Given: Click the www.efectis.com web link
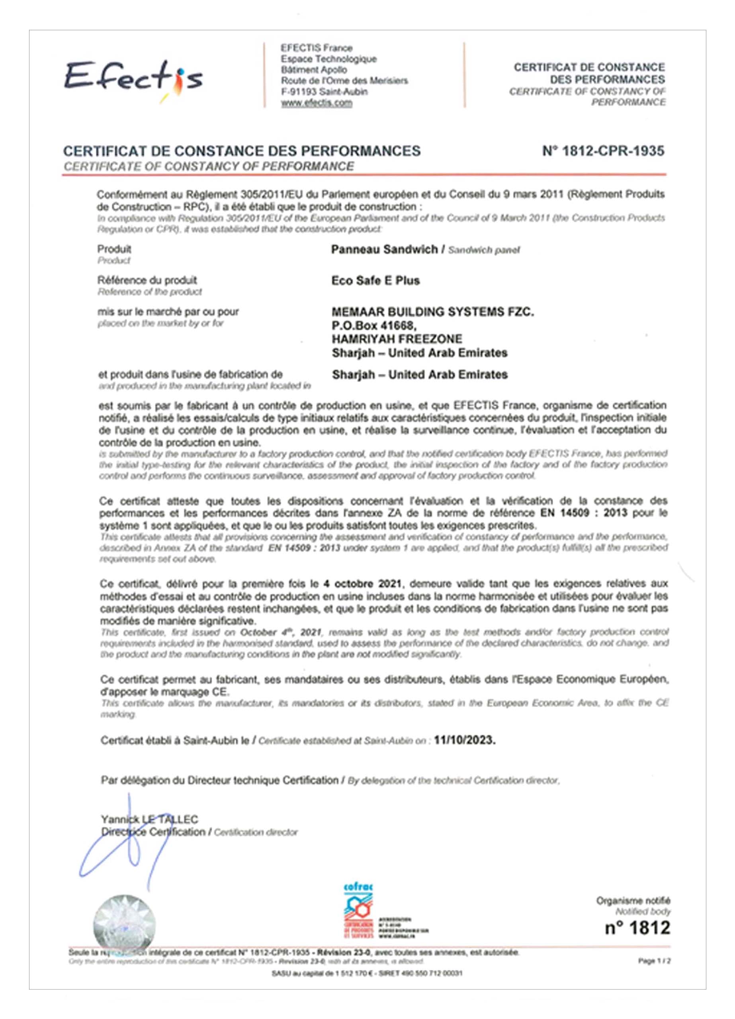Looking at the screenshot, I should click(x=317, y=103).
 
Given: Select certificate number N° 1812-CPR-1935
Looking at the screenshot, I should click(x=603, y=151).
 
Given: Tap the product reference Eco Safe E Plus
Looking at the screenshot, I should click(x=375, y=281).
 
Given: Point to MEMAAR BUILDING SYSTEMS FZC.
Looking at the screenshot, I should click(x=433, y=312).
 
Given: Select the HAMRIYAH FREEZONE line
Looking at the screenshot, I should click(x=397, y=339).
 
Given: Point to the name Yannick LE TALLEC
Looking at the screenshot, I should click(x=149, y=820).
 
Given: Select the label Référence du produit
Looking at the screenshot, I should click(x=147, y=280).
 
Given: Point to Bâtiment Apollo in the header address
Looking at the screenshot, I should click(x=314, y=70).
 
